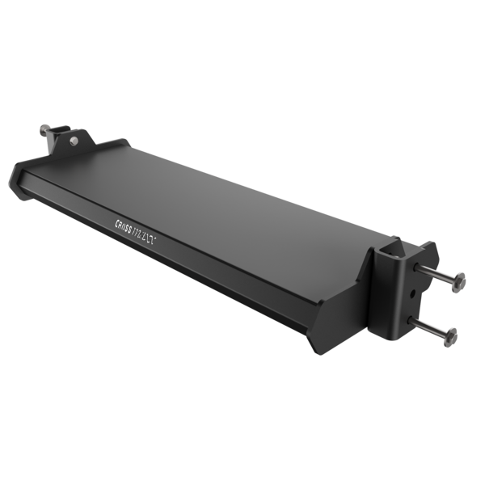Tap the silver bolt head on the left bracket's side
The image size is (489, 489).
click(x=74, y=140)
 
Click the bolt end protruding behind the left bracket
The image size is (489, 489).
click(x=43, y=129)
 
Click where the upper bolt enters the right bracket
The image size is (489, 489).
click(x=417, y=267)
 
